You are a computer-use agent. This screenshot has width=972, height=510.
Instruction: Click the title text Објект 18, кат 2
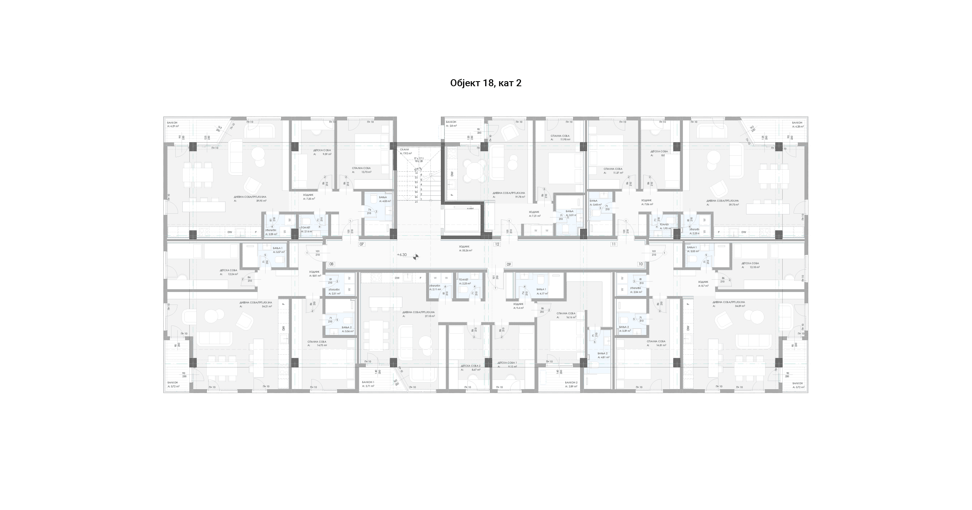(x=486, y=83)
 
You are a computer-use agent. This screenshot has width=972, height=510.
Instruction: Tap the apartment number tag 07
(x=362, y=244)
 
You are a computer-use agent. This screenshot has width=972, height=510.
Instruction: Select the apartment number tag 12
(x=496, y=244)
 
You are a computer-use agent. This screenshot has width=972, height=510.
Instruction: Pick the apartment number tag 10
(x=640, y=264)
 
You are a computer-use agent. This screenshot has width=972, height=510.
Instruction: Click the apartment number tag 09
(x=508, y=264)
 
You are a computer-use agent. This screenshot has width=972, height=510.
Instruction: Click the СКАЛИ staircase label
(x=404, y=150)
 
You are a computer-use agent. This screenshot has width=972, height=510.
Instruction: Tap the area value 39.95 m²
(x=261, y=201)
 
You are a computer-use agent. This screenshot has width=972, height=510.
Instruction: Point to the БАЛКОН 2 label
(x=571, y=383)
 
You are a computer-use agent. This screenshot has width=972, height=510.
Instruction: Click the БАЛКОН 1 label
(x=368, y=382)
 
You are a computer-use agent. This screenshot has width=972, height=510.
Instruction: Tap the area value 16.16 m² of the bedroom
(x=571, y=317)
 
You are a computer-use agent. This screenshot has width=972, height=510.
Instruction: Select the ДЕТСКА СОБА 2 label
(x=470, y=366)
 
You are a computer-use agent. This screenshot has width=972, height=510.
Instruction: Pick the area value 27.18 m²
(x=430, y=316)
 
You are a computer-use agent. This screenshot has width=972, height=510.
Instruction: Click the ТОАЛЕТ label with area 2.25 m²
(x=463, y=280)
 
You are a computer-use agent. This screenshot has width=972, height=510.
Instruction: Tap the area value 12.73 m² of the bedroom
(x=366, y=172)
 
